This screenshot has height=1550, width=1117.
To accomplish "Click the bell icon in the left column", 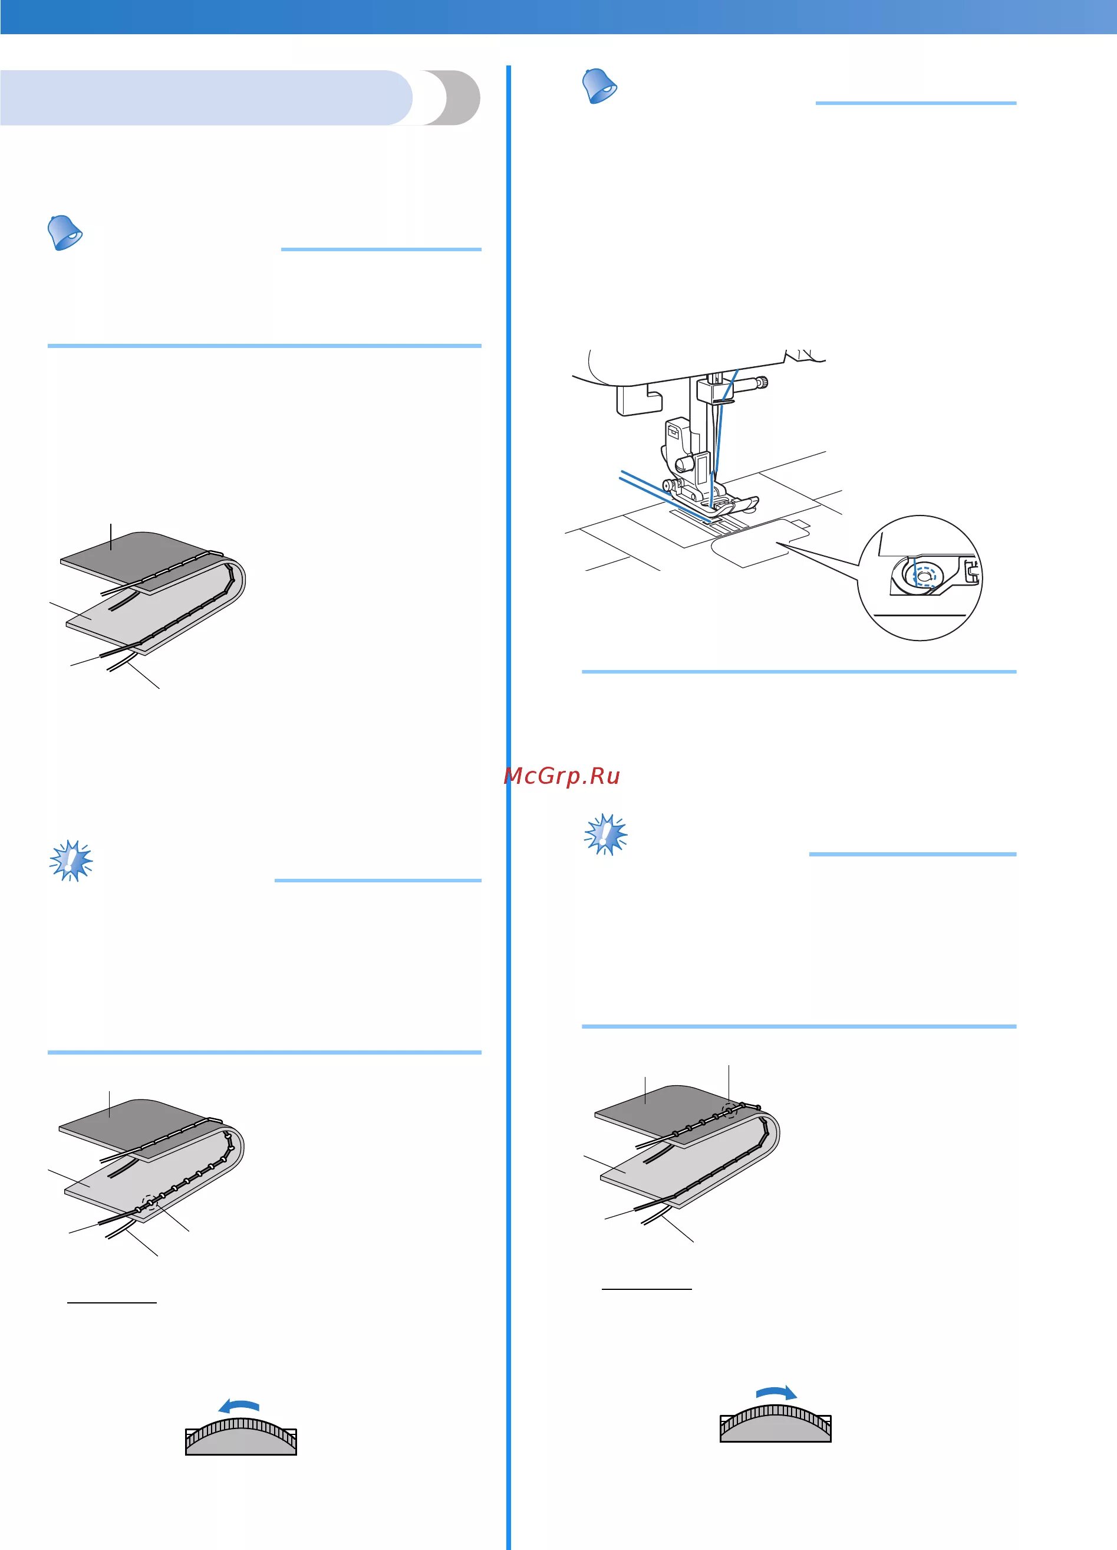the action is tap(65, 232).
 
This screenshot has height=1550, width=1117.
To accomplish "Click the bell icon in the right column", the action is tap(599, 86).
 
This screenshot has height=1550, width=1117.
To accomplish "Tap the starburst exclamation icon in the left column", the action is tap(71, 860).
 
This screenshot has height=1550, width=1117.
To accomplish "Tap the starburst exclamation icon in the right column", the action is tap(605, 834).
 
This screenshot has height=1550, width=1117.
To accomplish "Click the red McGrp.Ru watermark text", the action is tap(562, 776).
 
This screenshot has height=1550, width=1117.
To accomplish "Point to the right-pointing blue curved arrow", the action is tap(776, 1392).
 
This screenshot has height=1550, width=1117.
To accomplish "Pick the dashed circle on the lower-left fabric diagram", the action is tap(149, 1204).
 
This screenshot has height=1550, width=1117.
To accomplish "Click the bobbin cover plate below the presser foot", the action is tap(752, 543).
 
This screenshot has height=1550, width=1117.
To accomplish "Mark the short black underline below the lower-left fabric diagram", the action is tap(112, 1303).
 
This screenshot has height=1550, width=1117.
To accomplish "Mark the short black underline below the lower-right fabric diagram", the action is tap(647, 1289).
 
